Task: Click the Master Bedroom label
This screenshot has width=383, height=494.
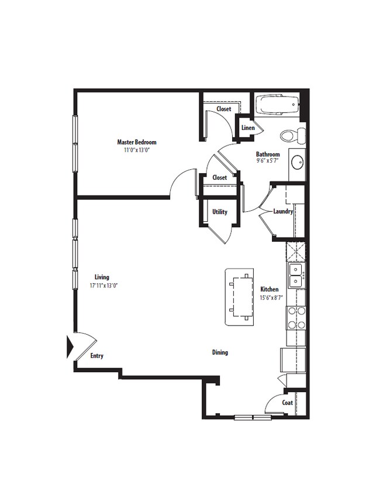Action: tap(136, 142)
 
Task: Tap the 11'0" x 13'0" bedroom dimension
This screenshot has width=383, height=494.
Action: tap(136, 150)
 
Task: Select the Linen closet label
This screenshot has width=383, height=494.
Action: tap(247, 128)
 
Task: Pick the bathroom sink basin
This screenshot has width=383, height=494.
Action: tap(297, 161)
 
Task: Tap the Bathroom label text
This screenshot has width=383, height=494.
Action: tap(268, 155)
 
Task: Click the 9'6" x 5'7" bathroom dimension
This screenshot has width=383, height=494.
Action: tap(268, 162)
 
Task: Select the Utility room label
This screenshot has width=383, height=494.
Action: tap(220, 212)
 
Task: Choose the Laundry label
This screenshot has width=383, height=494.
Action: tap(283, 211)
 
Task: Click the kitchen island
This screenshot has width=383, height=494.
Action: tap(240, 297)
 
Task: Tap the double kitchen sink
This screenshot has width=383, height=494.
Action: tap(296, 276)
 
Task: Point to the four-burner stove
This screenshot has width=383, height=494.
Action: tap(296, 318)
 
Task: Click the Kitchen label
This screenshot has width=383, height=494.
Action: tap(269, 289)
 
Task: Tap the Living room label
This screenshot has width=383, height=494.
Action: tap(102, 277)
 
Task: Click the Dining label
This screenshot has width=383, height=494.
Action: tap(220, 352)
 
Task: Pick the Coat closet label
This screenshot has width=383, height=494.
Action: tap(287, 403)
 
